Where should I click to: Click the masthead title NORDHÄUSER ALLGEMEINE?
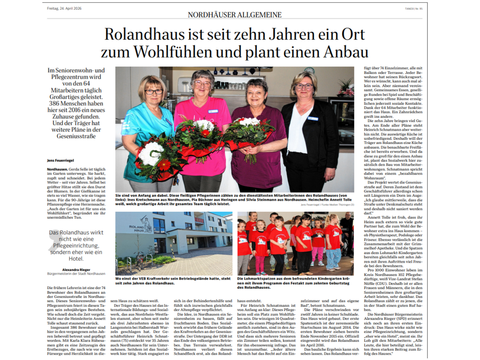click(x=235, y=15)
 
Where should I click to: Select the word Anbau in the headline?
click(x=345, y=52)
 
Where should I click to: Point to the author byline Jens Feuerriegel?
click(x=60, y=160)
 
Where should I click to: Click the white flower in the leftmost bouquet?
click(x=151, y=154)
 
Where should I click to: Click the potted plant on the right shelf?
click(x=345, y=87)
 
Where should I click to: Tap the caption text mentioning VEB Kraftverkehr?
click(x=173, y=280)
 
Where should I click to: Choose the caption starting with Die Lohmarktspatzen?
click(x=295, y=280)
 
